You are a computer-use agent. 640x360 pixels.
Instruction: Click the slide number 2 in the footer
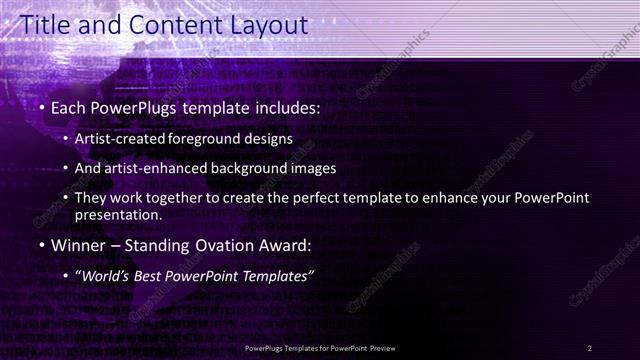pos(590,347)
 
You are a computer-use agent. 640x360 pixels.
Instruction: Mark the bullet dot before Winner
pos(43,245)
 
